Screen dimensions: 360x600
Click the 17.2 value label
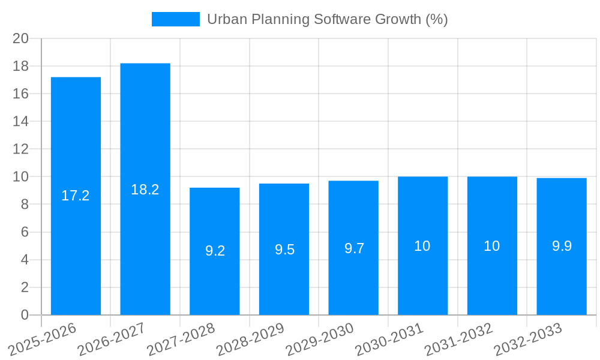coord(76,196)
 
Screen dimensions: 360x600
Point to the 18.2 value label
coord(145,190)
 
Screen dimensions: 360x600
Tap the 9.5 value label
coord(284,250)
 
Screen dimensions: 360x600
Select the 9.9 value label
coord(562,246)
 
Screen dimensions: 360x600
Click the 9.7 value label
coord(354,248)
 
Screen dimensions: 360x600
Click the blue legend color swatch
coord(175,19)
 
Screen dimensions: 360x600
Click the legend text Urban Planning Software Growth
coord(327,19)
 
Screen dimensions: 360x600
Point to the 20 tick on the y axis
coord(21,38)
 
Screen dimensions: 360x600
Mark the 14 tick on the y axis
coord(21,121)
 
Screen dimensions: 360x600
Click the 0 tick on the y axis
coord(25,315)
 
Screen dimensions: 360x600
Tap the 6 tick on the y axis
coord(25,232)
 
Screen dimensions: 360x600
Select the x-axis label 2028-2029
coord(250,340)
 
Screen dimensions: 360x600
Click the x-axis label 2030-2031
coord(389,340)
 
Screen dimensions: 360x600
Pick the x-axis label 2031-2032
coord(458,340)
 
